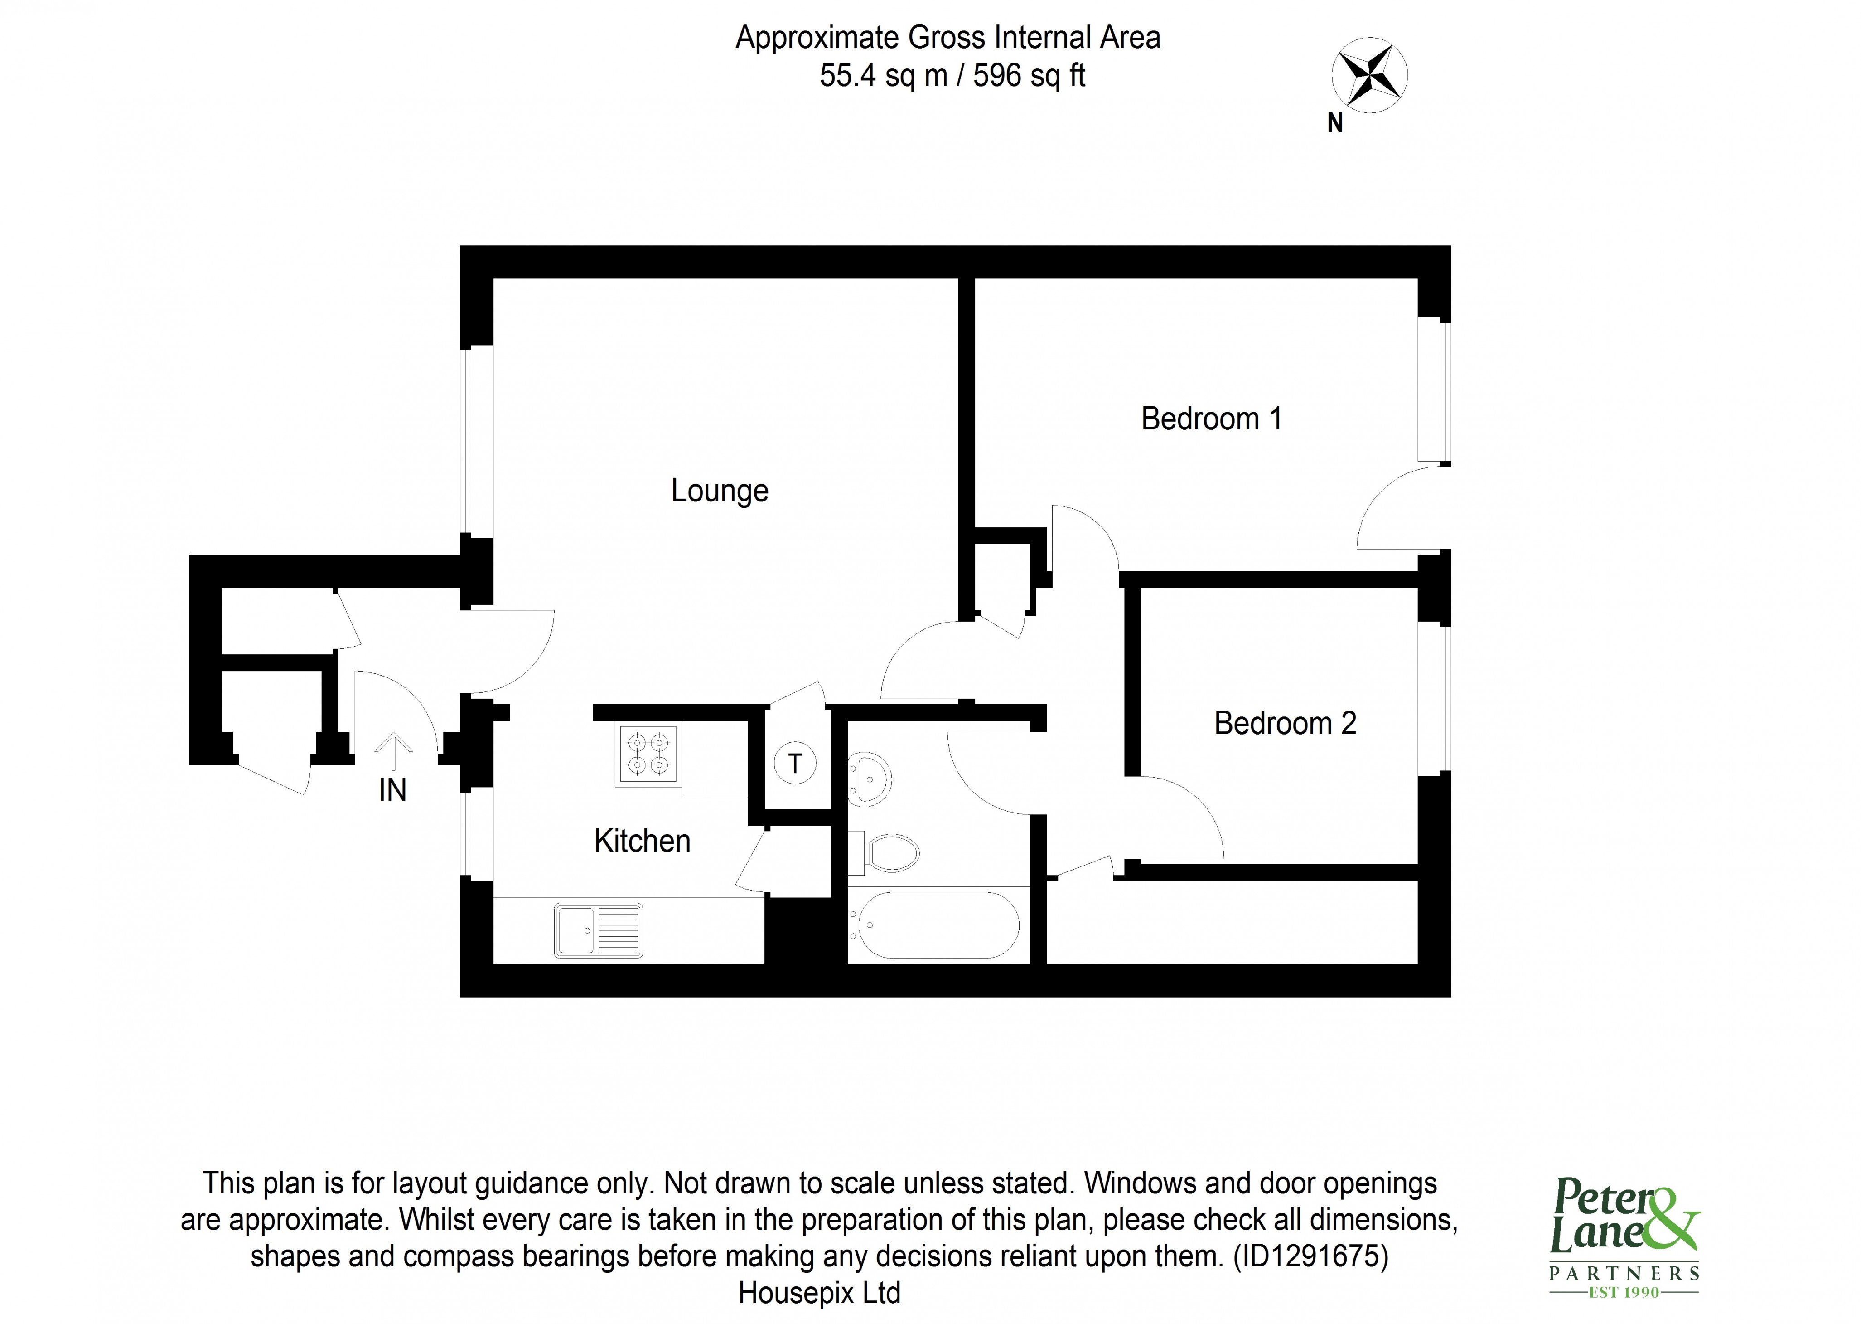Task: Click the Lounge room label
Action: [720, 491]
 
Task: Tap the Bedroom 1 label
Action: [1211, 419]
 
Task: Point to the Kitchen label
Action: [642, 841]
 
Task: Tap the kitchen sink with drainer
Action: [598, 930]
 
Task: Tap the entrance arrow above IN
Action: [393, 750]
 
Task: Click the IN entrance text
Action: [393, 790]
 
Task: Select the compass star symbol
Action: [1369, 75]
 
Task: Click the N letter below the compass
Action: [1334, 123]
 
